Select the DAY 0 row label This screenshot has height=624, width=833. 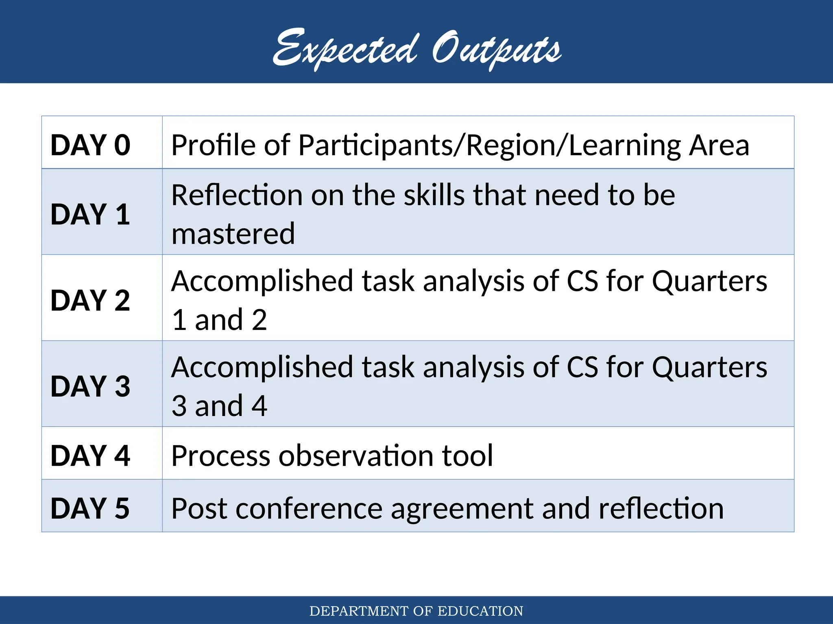click(90, 145)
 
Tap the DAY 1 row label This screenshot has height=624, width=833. click(90, 214)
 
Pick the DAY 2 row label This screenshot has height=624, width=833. click(90, 300)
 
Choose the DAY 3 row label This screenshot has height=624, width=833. click(90, 386)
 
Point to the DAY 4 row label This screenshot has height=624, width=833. click(90, 455)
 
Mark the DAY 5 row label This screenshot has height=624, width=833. click(90, 508)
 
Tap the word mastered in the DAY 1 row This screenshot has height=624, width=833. click(233, 234)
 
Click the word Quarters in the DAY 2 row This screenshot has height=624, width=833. click(709, 281)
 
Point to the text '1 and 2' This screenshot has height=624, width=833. click(219, 320)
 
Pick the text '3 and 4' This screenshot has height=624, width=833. click(219, 405)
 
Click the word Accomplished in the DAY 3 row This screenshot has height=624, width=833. click(262, 368)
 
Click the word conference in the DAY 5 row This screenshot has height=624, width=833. click(309, 508)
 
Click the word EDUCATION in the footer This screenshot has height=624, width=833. click(480, 611)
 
